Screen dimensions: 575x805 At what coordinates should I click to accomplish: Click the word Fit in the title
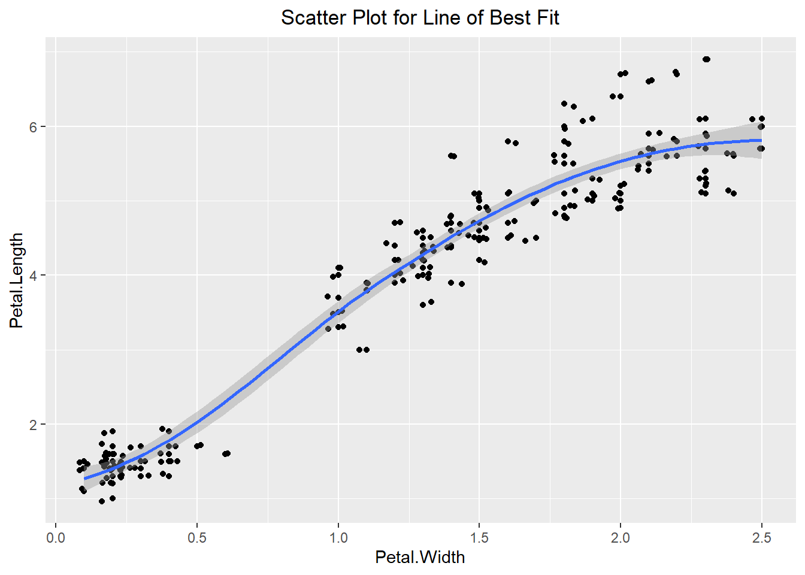548,18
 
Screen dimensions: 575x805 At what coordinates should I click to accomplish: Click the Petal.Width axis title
420,557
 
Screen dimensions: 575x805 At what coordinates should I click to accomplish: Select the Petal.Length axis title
17,280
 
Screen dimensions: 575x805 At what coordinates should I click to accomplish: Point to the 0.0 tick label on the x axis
56,537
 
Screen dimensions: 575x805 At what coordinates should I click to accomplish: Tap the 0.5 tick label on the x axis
197,537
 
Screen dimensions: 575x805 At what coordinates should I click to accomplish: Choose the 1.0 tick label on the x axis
338,537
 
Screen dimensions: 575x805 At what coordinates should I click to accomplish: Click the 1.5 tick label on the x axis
479,537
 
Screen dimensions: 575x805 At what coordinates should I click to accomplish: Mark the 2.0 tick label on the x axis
621,537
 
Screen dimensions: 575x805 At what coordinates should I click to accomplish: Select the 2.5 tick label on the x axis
761,537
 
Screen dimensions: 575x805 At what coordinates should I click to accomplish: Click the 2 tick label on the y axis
34,424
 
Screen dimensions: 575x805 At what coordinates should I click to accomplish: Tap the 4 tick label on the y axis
34,276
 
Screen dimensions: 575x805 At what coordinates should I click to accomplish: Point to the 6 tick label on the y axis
34,127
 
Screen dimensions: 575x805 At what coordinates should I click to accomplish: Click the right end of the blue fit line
761,141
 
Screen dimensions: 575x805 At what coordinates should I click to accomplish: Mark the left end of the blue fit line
85,479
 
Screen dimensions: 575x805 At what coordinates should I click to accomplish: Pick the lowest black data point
102,501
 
